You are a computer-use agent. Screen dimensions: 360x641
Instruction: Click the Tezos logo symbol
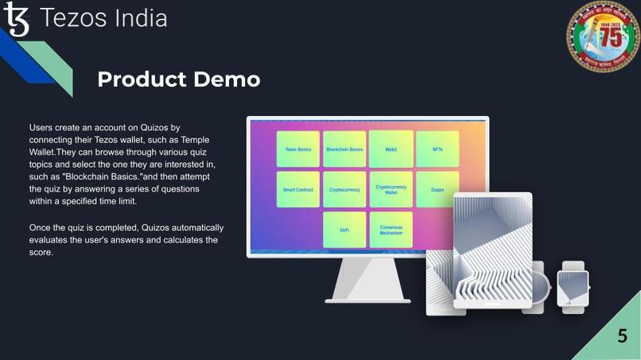16,20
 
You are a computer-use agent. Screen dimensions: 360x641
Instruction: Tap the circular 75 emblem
602,37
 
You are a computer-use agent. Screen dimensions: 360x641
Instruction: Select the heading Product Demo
178,79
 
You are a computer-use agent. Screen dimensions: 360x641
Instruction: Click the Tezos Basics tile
298,149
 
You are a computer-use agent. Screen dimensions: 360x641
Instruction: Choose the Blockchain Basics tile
344,149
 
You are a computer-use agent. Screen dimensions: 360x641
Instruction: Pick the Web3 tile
390,149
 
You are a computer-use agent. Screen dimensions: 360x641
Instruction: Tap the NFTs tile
437,149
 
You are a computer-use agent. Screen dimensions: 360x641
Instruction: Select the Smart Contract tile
298,190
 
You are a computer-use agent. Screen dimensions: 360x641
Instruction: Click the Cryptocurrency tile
344,190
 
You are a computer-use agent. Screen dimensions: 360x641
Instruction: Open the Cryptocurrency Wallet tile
390,190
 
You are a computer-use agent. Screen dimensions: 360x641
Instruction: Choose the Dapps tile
437,190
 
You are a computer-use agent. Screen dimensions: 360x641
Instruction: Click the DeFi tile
344,230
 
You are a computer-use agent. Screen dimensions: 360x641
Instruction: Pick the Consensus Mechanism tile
390,230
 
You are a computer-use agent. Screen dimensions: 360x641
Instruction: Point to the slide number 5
622,336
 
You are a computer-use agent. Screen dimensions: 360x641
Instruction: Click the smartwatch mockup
573,288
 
